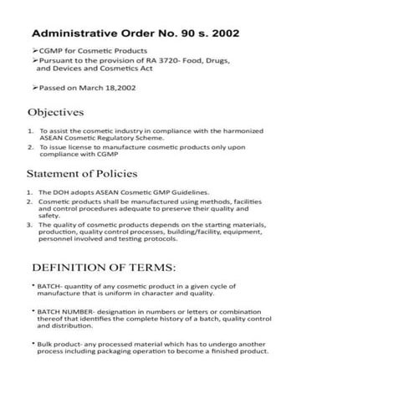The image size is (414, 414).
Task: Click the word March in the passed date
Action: (94, 87)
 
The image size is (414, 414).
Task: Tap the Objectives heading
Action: (55, 112)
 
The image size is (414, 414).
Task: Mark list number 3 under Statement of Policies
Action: (29, 224)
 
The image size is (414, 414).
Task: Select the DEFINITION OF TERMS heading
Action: (104, 268)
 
